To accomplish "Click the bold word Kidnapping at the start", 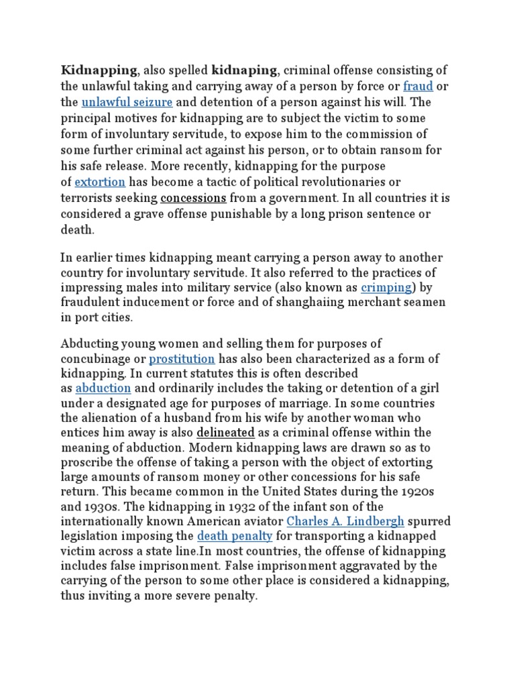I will (x=99, y=71).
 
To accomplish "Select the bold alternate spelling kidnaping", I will (x=244, y=71).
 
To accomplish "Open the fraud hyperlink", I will (x=418, y=87).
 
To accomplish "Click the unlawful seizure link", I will (x=127, y=103).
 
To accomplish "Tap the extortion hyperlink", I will (x=100, y=182).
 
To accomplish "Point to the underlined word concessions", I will (x=194, y=198).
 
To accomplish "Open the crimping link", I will (x=386, y=288).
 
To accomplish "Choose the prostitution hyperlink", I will (x=182, y=359).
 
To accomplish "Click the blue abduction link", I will (x=103, y=388).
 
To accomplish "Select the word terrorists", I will (x=88, y=198).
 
